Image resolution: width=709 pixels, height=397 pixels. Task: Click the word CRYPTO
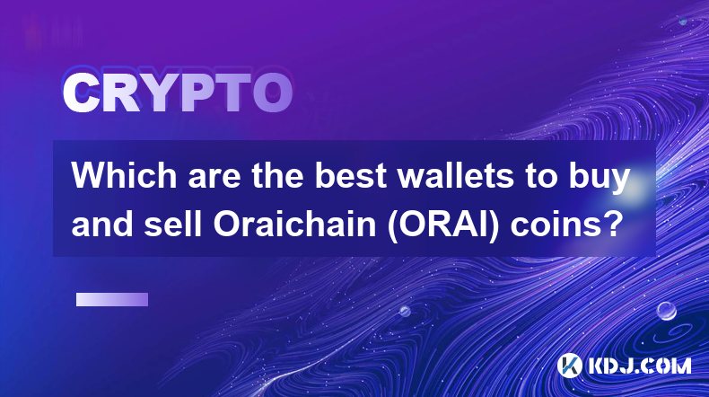(178, 93)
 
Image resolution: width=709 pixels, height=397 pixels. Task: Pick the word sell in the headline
(172, 224)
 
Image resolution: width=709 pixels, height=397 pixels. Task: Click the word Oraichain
(294, 224)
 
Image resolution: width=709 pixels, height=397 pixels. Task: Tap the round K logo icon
(569, 366)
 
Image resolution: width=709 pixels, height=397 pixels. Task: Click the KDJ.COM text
(639, 366)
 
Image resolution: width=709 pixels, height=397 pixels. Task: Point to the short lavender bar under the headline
(112, 300)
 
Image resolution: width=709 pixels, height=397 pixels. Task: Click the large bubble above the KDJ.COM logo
(667, 311)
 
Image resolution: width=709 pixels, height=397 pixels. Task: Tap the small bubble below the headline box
(405, 311)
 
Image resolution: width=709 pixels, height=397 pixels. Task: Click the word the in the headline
(277, 176)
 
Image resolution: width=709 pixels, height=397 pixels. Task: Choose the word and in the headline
(102, 224)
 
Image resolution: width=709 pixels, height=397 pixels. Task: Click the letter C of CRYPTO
(81, 93)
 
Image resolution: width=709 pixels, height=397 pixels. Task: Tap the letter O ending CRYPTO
(273, 93)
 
